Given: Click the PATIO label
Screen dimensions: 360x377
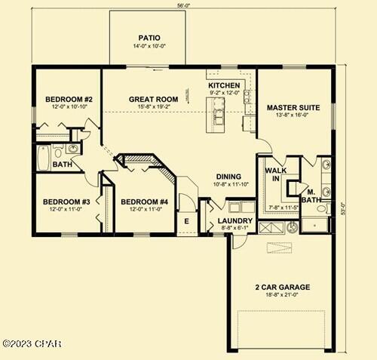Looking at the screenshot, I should pyautogui.click(x=148, y=37).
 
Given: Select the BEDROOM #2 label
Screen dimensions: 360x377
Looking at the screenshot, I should pyautogui.click(x=69, y=99).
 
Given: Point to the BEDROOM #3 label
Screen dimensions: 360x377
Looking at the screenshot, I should pyautogui.click(x=66, y=202).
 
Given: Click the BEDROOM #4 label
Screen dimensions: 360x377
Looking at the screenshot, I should pyautogui.click(x=144, y=202).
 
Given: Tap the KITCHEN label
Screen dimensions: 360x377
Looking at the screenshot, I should pyautogui.click(x=224, y=85).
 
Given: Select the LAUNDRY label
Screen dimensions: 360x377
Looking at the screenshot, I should pyautogui.click(x=228, y=221).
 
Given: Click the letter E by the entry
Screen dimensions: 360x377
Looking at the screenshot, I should pyautogui.click(x=186, y=221).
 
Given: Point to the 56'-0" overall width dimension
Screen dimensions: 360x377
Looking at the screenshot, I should pyautogui.click(x=183, y=5).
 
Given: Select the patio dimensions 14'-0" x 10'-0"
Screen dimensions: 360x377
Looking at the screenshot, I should pyautogui.click(x=148, y=46).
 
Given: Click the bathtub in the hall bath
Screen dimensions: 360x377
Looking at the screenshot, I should pyautogui.click(x=44, y=159).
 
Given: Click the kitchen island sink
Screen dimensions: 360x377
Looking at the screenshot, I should pyautogui.click(x=219, y=115).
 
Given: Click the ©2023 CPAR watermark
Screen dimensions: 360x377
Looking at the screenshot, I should pyautogui.click(x=32, y=343).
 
